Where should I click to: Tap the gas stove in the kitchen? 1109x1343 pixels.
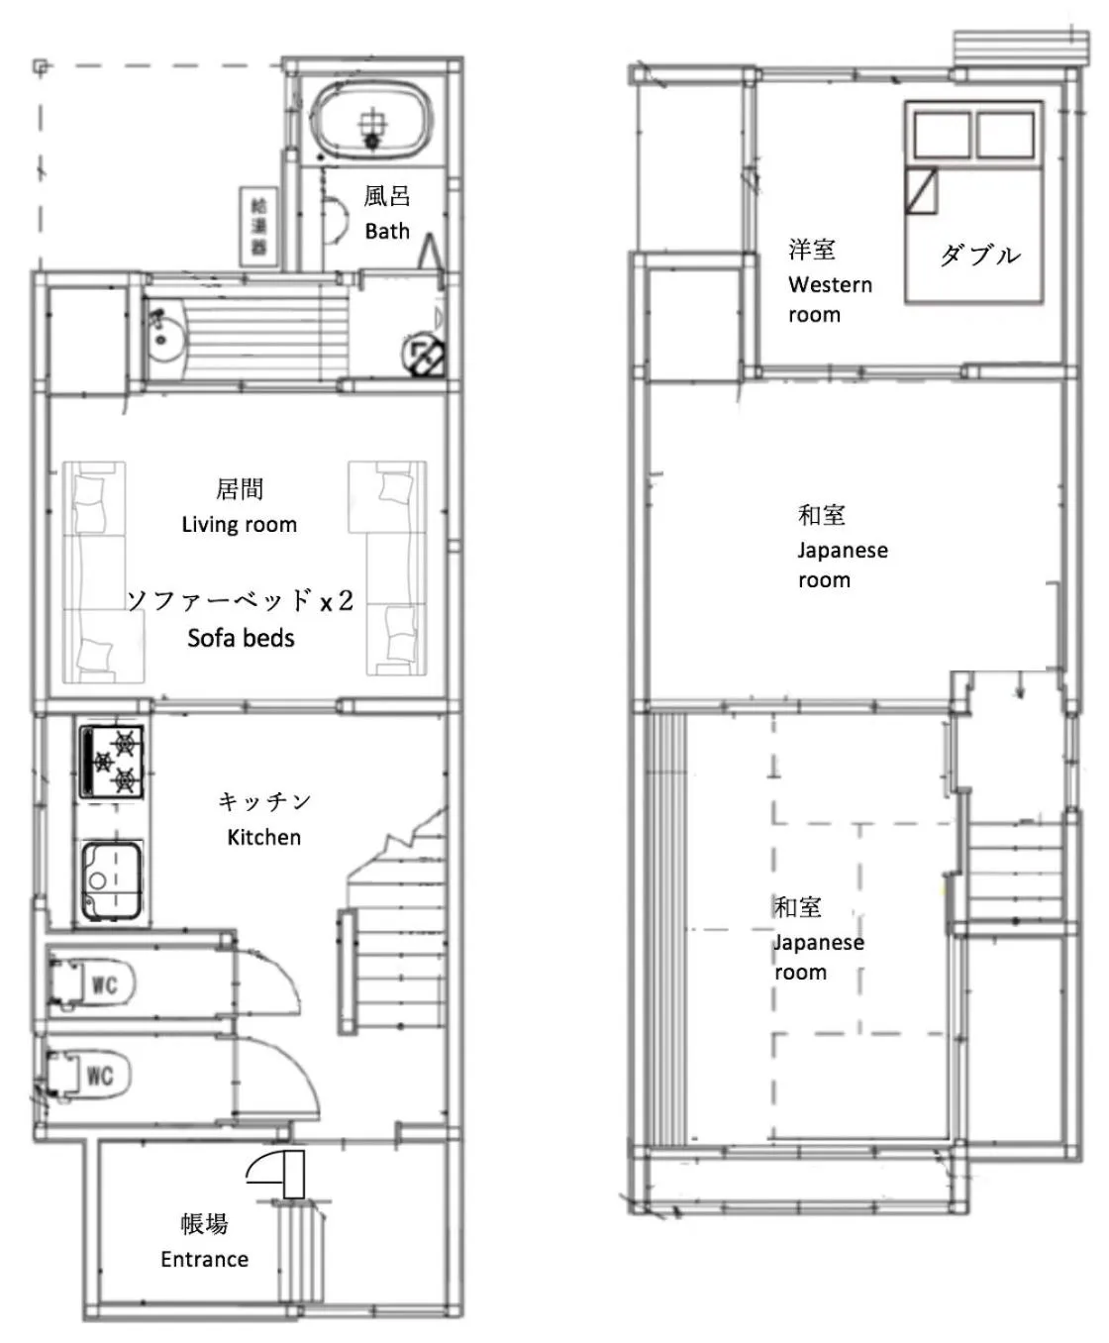112,761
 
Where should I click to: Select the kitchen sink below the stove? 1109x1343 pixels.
110,881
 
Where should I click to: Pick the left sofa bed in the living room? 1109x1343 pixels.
95,571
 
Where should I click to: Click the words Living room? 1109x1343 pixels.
239,525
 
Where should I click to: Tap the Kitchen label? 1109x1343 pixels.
263,838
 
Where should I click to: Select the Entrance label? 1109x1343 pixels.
204,1260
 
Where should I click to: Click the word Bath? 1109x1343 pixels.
386,232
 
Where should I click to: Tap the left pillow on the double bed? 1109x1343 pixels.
941,135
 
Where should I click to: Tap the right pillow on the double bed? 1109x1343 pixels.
1005,135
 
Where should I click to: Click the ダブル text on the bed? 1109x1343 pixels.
978,256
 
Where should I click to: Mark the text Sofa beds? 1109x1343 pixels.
241,638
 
